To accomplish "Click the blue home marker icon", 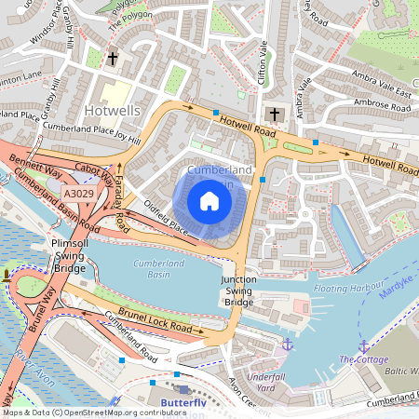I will (x=209, y=201).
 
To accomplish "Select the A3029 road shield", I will (x=78, y=192).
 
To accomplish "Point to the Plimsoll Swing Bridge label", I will (x=68, y=254).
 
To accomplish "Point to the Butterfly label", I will (x=183, y=402).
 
